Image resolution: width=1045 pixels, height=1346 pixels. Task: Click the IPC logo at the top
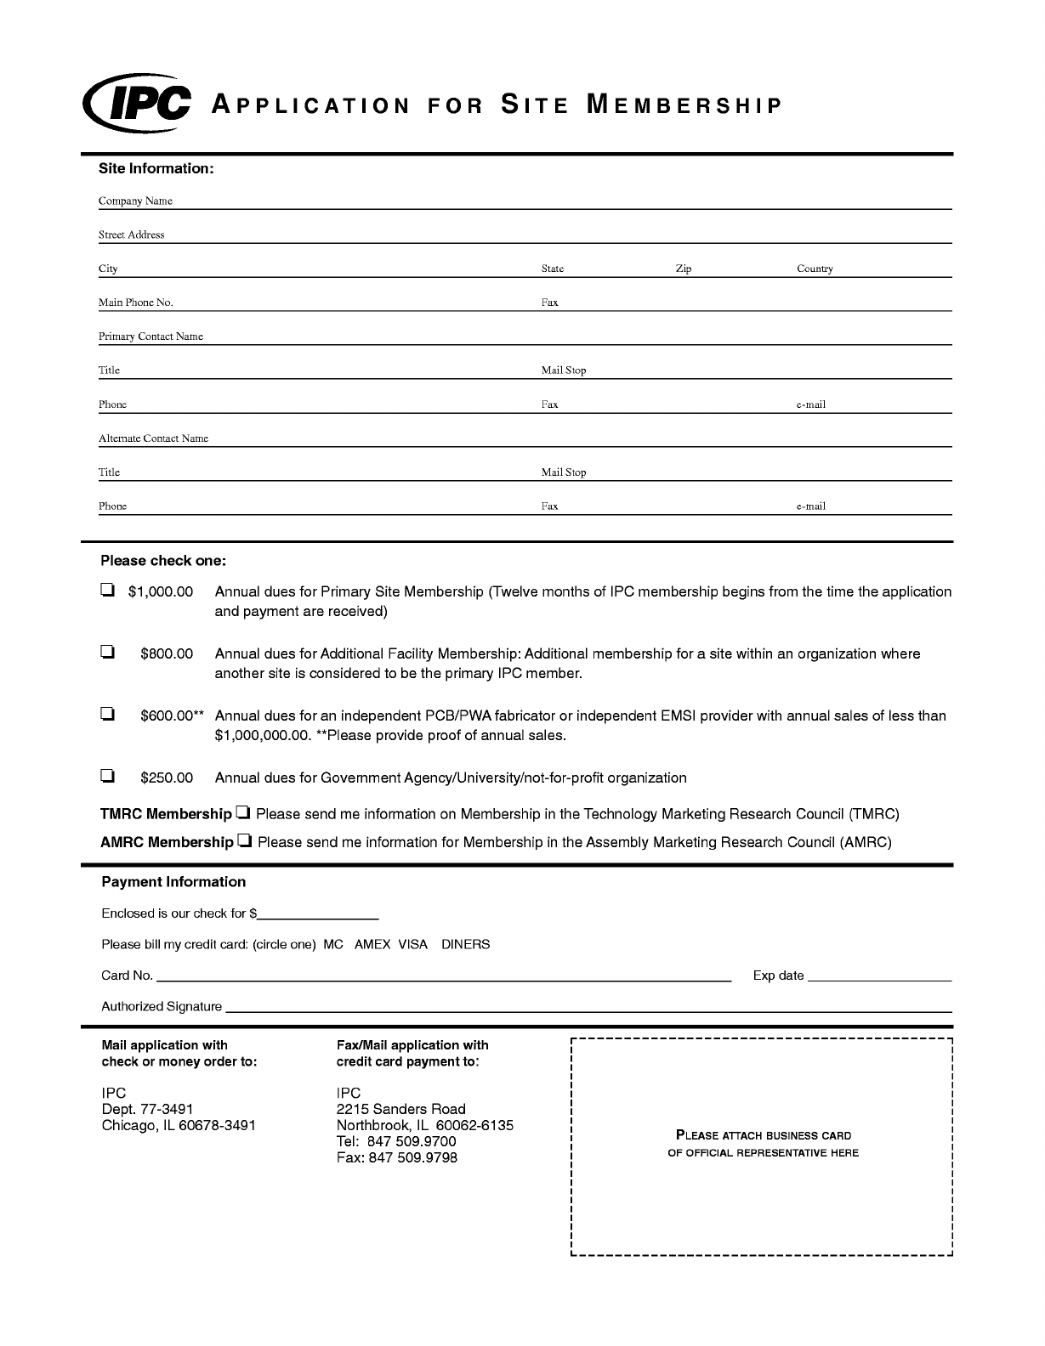click(x=137, y=105)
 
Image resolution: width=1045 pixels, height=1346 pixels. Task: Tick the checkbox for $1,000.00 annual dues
click(x=107, y=591)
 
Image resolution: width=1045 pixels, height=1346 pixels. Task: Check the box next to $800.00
click(x=107, y=653)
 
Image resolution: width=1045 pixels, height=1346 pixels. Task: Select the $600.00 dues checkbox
click(x=107, y=715)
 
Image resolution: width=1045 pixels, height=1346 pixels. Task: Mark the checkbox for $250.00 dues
click(x=107, y=776)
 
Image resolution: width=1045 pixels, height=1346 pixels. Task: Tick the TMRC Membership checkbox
click(x=243, y=813)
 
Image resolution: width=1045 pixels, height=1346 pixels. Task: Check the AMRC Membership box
click(x=245, y=841)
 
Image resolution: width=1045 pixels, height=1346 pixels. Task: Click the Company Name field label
click(x=135, y=201)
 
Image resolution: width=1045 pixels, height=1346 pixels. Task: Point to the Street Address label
click(x=131, y=235)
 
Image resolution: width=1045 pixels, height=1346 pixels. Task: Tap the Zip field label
click(x=683, y=269)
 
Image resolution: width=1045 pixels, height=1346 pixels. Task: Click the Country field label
click(x=814, y=269)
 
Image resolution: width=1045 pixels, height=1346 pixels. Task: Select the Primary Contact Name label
click(x=151, y=336)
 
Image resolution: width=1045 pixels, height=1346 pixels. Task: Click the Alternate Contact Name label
click(x=153, y=438)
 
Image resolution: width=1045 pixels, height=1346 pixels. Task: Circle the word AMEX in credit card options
click(x=372, y=944)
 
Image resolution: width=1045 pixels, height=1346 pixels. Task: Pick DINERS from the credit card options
click(x=465, y=944)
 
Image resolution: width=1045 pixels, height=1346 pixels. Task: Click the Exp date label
click(x=778, y=976)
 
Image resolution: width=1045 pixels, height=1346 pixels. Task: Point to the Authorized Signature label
click(x=162, y=1006)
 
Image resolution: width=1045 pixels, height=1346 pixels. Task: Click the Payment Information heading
click(x=173, y=882)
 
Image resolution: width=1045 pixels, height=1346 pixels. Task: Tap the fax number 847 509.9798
click(x=412, y=1157)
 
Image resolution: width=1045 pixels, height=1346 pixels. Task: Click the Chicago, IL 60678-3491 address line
click(x=179, y=1125)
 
